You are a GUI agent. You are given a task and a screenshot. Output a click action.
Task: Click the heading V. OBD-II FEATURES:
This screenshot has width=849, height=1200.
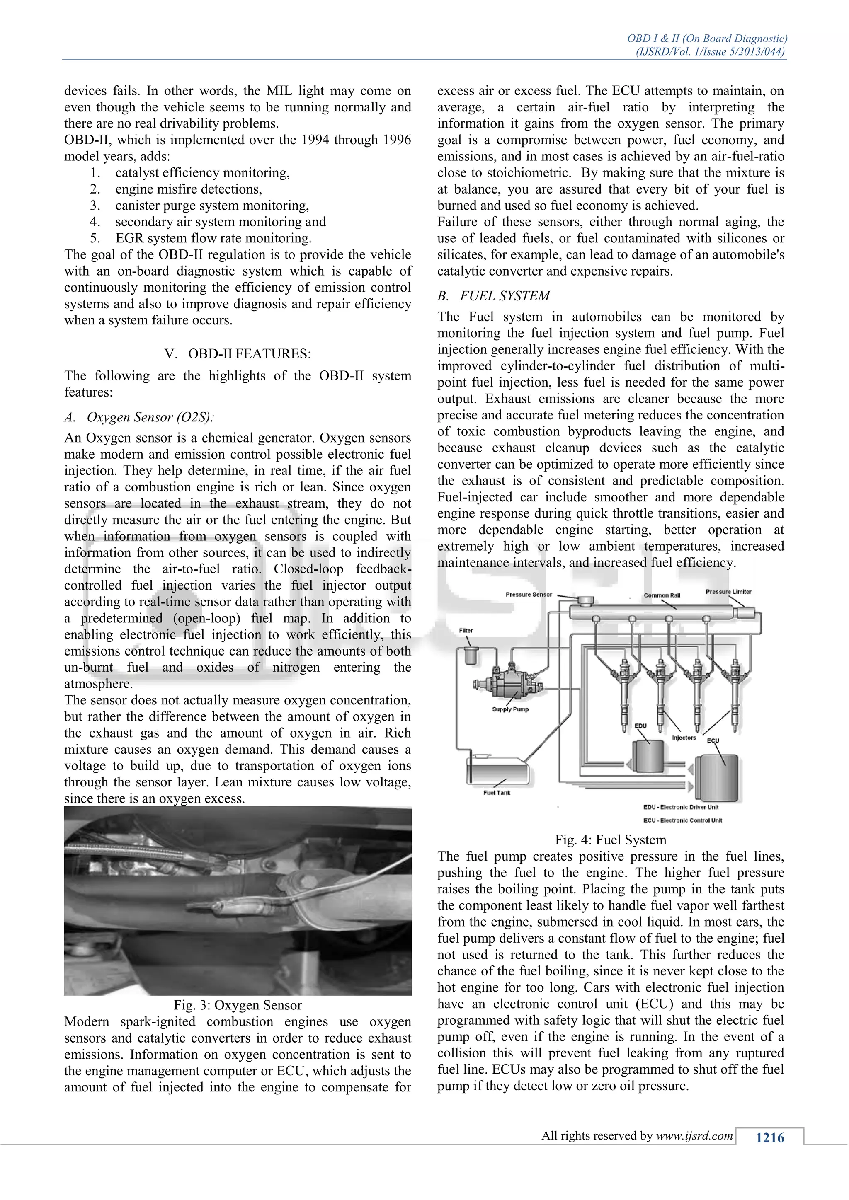(238, 354)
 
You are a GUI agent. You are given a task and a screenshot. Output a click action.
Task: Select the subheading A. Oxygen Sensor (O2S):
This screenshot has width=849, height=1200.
(140, 417)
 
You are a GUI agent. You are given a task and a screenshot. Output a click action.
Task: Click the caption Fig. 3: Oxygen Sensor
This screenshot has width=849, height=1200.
(238, 1005)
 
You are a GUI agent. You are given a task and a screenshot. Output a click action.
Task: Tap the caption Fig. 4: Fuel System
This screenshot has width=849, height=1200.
(610, 840)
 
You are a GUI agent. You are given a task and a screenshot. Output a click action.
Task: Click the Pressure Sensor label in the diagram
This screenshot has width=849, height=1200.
(529, 594)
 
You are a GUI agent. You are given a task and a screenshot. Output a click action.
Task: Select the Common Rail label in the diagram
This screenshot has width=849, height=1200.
(662, 595)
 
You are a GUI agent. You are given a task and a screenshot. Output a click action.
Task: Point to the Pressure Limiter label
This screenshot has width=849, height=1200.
(728, 592)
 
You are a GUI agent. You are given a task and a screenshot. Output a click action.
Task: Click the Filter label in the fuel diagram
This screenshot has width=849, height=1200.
(466, 630)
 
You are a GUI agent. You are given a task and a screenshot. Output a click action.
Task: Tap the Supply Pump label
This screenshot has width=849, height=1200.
(510, 709)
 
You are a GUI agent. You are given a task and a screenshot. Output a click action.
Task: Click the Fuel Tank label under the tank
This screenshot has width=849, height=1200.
(497, 793)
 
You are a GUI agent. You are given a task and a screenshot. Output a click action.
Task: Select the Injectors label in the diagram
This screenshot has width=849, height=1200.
(684, 738)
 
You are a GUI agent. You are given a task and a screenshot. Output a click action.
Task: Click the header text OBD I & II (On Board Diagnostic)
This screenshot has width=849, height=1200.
(707, 39)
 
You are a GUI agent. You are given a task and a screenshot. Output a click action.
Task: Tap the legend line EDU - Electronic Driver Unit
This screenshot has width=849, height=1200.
(681, 807)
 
